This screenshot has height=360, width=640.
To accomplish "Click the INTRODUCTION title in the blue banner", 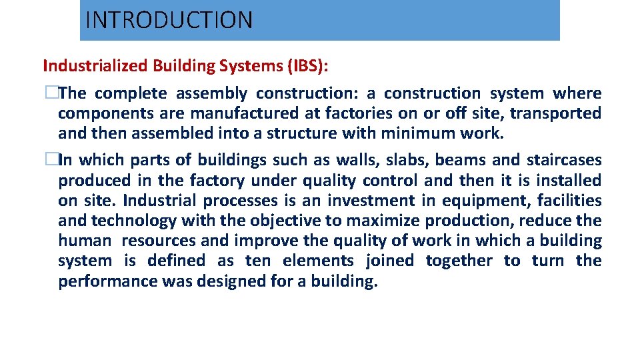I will tap(169, 20).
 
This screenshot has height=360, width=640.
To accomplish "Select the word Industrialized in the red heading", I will tap(95, 66).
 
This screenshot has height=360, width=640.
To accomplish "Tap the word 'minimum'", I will tap(418, 134).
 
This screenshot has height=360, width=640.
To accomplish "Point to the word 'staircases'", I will tap(563, 161).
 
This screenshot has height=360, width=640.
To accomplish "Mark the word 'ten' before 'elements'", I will tap(258, 261).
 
